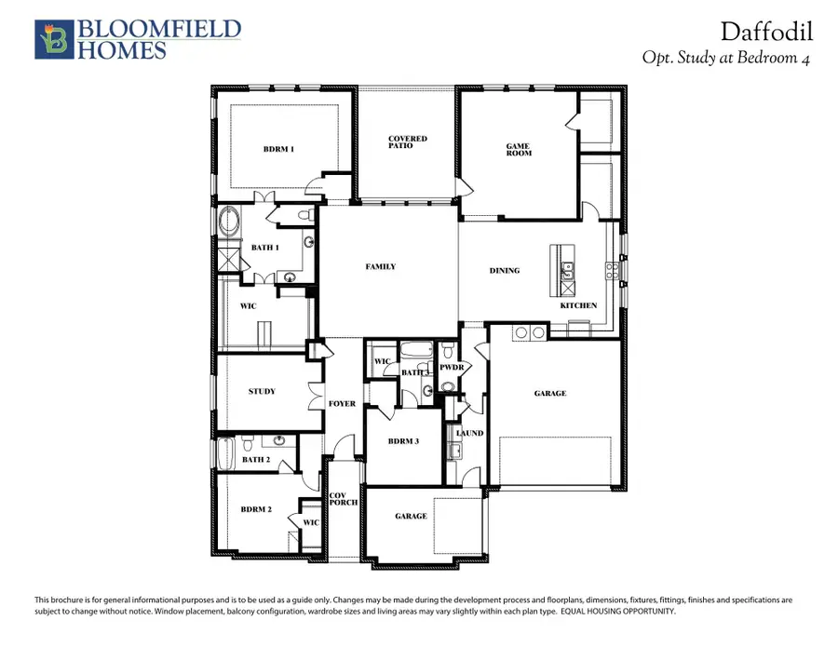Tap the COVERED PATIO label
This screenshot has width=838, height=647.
tap(408, 142)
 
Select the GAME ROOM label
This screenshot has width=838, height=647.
tap(519, 149)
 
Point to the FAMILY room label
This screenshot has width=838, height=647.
tap(380, 267)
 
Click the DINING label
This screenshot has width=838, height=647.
tap(505, 271)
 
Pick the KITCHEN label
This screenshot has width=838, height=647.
tap(577, 305)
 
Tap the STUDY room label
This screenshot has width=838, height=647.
tap(262, 391)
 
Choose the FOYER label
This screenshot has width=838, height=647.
tap(342, 403)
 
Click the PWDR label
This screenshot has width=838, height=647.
tap(452, 369)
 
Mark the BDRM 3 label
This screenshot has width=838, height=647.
tap(404, 441)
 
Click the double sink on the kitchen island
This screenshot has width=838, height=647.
tap(565, 271)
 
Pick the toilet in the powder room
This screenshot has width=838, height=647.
tap(449, 351)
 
